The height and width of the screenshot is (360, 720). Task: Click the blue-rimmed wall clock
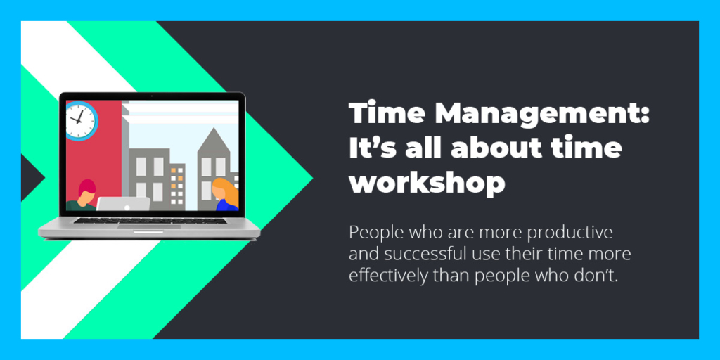point(82,120)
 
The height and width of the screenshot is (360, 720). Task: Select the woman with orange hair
point(226,195)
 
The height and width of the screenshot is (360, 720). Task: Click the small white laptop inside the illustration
point(123,204)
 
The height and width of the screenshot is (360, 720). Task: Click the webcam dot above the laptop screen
point(152,97)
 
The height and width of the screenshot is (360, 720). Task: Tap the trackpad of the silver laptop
point(149,226)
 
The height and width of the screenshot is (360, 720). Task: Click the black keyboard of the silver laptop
point(150,220)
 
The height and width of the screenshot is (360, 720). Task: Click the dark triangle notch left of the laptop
point(30,177)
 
